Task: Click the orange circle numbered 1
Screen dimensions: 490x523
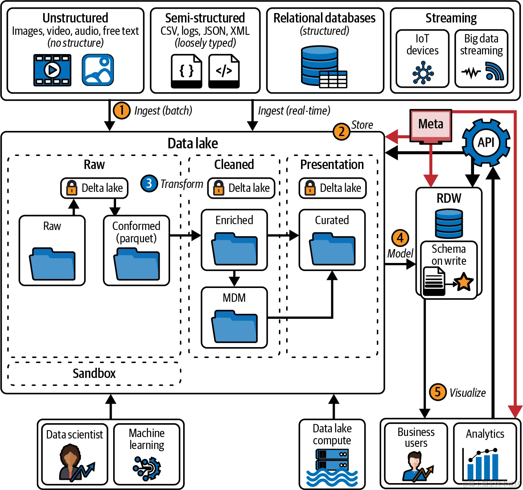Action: point(122,110)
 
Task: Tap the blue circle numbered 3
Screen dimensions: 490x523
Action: point(149,184)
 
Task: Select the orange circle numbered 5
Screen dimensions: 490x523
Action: point(438,392)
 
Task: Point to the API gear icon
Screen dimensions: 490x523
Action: point(486,143)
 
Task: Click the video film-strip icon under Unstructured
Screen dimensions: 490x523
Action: point(52,70)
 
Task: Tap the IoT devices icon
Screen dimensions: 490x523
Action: point(423,73)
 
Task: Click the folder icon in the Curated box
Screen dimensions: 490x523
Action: point(332,250)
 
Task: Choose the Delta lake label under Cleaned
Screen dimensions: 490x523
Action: point(249,188)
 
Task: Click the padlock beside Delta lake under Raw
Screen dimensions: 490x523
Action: point(72,188)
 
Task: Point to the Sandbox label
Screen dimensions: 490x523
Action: point(94,373)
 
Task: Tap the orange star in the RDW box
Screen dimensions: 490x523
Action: point(464,282)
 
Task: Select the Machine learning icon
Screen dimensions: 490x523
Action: point(147,468)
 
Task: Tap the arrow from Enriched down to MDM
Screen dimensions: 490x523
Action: point(234,279)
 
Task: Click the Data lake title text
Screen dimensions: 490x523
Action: point(193,144)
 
